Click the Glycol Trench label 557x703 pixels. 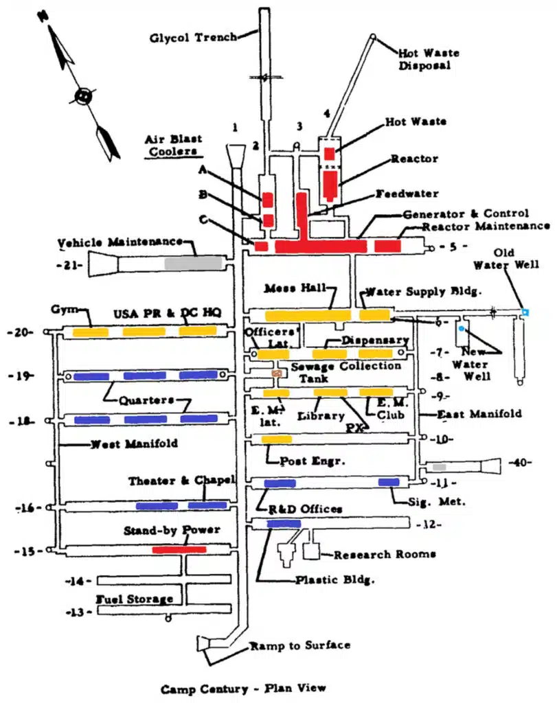click(194, 37)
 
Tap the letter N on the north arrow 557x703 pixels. click(43, 16)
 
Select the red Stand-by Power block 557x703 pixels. click(179, 549)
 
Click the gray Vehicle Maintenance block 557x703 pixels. click(193, 263)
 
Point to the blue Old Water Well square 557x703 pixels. click(525, 312)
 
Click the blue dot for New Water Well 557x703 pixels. click(462, 329)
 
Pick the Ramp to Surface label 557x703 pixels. click(300, 645)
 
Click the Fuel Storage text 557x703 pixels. click(135, 599)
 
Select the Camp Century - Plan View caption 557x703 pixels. click(244, 689)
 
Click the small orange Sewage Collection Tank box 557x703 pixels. click(277, 373)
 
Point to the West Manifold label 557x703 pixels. click(134, 444)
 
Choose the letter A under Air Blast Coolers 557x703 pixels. click(203, 170)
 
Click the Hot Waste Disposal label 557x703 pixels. click(429, 59)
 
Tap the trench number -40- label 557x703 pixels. click(520, 462)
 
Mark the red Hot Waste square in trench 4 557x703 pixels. click(330, 154)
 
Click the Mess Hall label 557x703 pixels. click(295, 288)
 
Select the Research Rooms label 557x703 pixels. click(385, 555)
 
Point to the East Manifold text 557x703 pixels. click(479, 413)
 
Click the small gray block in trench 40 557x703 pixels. click(440, 467)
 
